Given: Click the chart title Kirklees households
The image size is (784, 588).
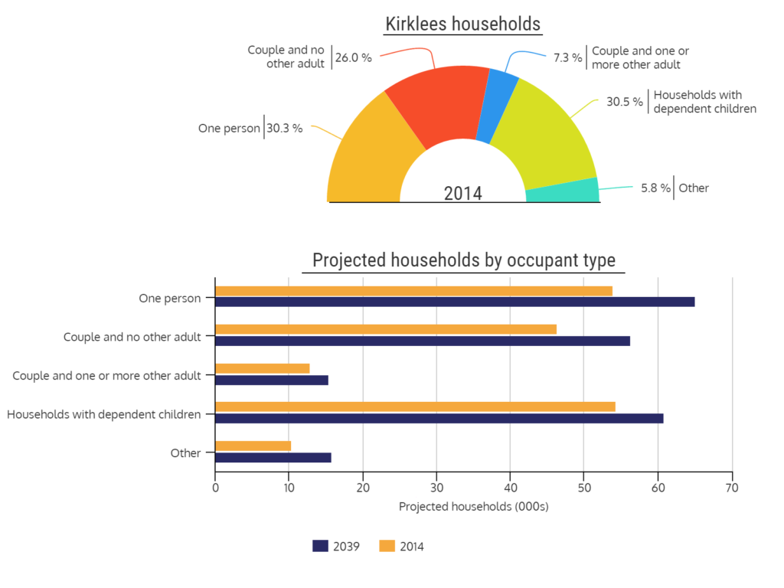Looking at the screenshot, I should click(463, 24).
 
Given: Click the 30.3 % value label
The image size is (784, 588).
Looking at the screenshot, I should click(285, 129).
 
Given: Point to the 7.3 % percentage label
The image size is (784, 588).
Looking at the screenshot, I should click(567, 57).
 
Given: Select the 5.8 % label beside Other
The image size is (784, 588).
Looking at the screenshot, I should click(655, 188).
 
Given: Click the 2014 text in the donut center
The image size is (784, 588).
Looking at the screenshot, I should click(463, 193).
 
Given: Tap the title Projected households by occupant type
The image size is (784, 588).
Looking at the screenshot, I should click(463, 260).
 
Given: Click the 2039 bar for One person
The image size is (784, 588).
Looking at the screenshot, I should click(455, 302).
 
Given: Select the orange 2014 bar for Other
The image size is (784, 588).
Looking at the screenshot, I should click(253, 446).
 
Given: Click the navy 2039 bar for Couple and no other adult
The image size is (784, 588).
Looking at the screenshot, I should click(423, 341).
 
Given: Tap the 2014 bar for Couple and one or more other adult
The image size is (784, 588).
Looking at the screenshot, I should click(263, 368).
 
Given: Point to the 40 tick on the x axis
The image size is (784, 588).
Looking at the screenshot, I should click(510, 487).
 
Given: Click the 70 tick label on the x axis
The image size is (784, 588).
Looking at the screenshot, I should click(733, 487).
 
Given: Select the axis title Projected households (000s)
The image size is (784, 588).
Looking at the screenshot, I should click(474, 507).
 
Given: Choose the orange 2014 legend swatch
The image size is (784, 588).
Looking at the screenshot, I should click(387, 546).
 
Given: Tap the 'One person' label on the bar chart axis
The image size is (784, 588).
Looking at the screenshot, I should click(169, 298).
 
